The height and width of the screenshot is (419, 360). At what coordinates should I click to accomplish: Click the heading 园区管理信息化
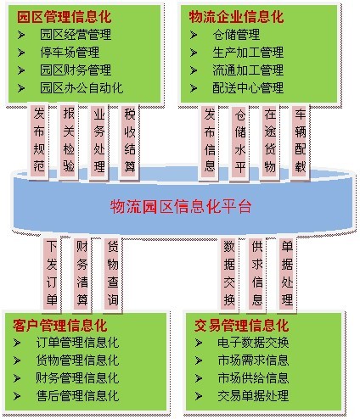point(65,17)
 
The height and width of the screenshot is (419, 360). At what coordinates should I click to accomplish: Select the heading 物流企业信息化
point(236,17)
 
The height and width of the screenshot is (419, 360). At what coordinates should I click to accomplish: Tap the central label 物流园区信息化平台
point(181,206)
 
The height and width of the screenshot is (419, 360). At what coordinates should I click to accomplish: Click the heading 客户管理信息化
point(59,326)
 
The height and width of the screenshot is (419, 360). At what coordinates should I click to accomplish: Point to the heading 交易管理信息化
point(241,326)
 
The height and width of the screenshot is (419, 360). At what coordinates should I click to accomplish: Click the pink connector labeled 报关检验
point(69,141)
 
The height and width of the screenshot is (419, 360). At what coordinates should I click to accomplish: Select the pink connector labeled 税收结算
point(130,141)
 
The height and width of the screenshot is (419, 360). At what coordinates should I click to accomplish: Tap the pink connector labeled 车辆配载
point(301,141)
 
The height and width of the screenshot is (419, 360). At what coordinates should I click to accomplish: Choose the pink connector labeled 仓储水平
point(240,141)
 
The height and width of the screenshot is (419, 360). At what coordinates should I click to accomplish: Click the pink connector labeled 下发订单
point(52,274)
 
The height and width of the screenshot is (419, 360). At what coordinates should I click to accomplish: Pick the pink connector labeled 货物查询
point(113,274)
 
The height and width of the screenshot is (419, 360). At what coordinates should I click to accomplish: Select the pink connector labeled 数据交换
point(229,274)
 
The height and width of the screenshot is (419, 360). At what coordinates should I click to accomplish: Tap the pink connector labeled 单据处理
point(287,274)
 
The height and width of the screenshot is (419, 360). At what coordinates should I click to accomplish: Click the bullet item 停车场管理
point(70,53)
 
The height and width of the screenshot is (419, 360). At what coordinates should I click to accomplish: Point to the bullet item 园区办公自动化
point(82,88)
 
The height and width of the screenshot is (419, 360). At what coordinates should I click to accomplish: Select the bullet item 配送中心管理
point(248,88)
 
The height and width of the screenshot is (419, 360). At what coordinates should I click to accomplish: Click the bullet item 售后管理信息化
point(77,395)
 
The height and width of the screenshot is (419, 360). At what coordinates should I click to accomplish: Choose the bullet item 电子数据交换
point(253,343)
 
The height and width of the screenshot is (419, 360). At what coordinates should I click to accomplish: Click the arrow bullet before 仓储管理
point(194,35)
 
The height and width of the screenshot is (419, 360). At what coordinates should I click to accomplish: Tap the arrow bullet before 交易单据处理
point(199,396)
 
